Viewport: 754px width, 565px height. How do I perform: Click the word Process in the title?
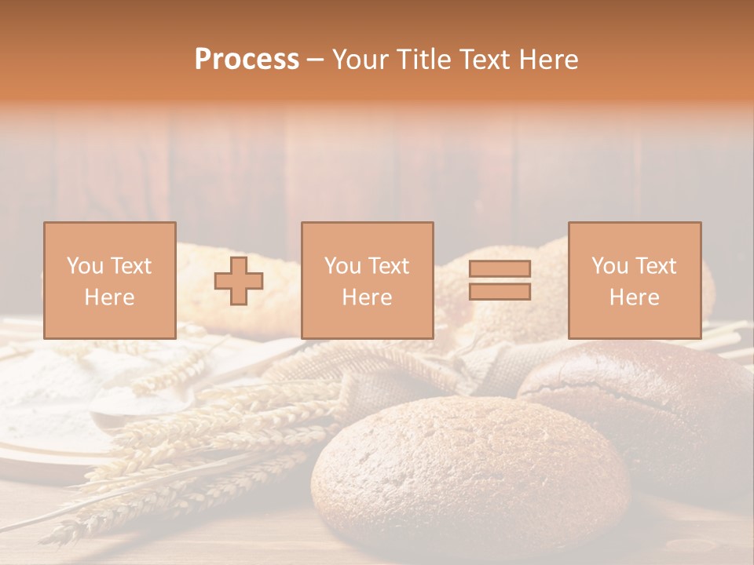pyautogui.click(x=247, y=60)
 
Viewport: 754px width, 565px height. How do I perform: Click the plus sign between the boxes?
pyautogui.click(x=239, y=281)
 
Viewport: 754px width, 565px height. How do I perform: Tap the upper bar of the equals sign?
pyautogui.click(x=500, y=268)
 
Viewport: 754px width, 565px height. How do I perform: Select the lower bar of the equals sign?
pyautogui.click(x=500, y=292)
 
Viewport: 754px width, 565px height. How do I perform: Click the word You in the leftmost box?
pyautogui.click(x=85, y=266)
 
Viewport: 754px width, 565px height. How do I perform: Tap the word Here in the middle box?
pyautogui.click(x=367, y=297)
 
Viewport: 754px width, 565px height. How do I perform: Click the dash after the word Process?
pyautogui.click(x=315, y=60)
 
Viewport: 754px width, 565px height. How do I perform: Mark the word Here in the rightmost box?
pyautogui.click(x=634, y=297)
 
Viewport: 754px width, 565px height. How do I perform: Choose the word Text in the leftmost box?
pyautogui.click(x=130, y=266)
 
